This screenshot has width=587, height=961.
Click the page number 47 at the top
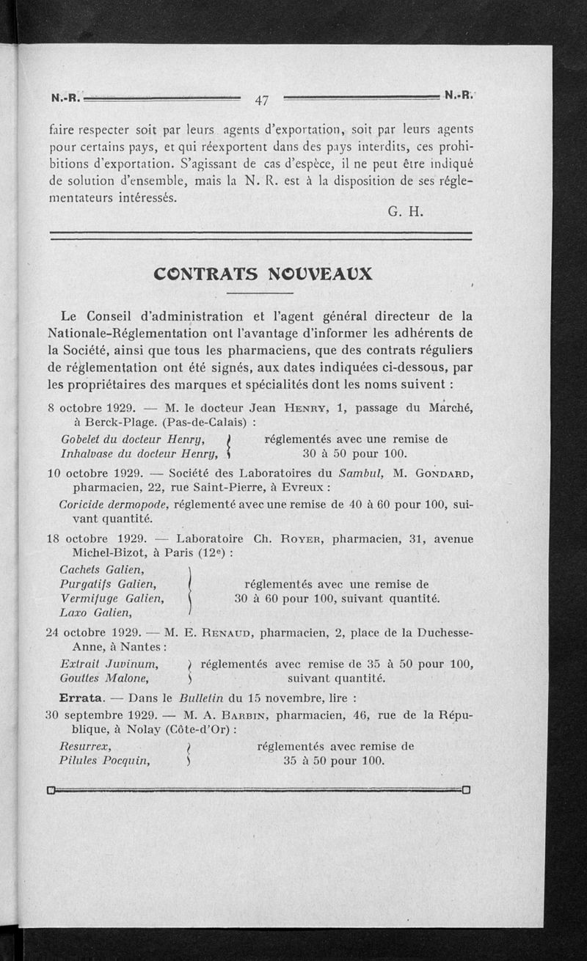click(x=262, y=101)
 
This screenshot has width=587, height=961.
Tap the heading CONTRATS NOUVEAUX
click(x=263, y=274)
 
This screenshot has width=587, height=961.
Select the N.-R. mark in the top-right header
click(x=459, y=95)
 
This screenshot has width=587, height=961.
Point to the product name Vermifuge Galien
click(x=112, y=598)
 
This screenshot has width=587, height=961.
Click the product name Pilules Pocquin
click(x=104, y=761)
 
